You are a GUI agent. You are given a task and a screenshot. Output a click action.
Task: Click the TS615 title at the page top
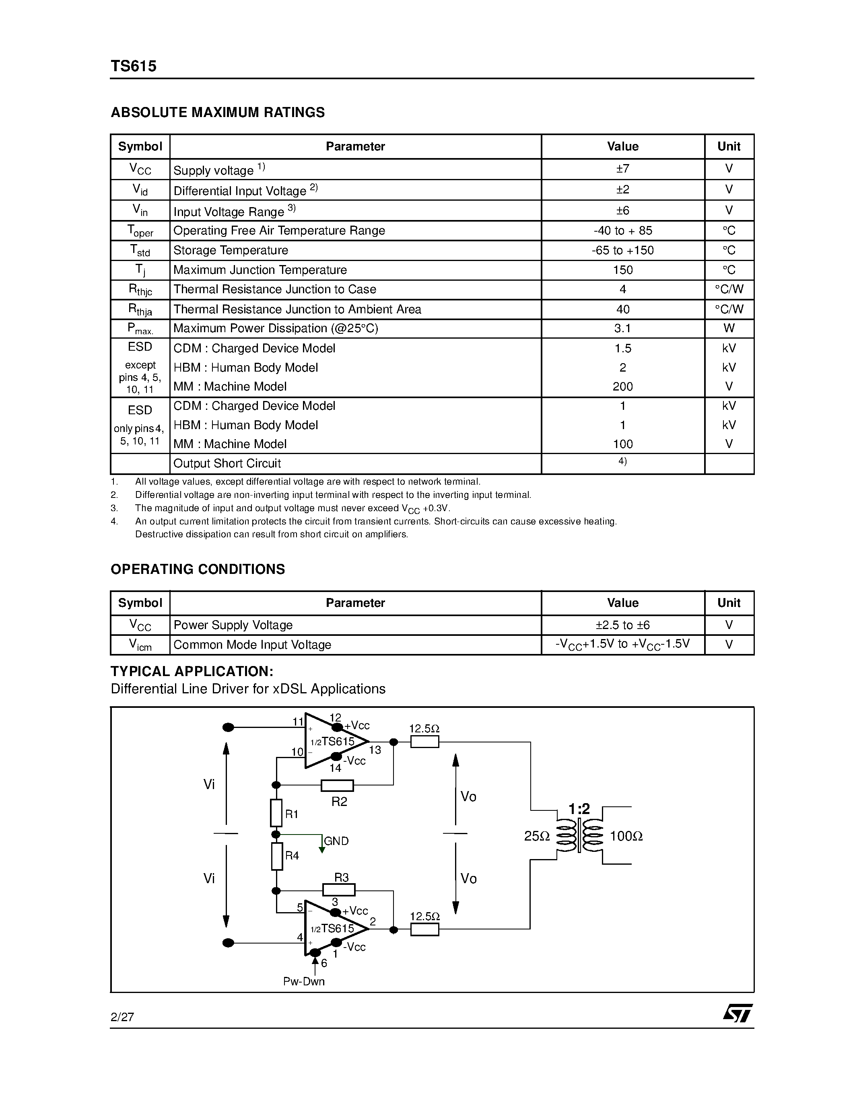(133, 66)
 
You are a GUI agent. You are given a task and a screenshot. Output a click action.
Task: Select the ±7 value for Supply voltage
(622, 169)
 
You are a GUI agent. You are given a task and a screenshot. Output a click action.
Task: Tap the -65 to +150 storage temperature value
(622, 250)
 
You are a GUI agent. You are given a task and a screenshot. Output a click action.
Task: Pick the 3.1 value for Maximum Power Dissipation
(622, 328)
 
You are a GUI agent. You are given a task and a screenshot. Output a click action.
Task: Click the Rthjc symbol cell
(140, 290)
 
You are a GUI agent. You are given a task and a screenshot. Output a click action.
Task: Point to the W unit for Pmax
(729, 328)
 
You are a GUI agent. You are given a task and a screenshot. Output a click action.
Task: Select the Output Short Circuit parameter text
(227, 463)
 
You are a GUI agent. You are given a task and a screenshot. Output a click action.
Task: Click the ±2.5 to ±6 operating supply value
(622, 625)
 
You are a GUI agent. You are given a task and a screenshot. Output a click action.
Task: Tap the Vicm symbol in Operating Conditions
(140, 645)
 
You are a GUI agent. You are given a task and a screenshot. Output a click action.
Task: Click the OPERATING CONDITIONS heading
(198, 569)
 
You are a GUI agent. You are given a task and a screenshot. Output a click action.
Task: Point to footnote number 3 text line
(292, 508)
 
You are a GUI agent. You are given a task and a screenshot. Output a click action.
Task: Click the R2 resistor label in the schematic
(339, 802)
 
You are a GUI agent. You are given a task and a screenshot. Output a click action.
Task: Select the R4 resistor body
(276, 856)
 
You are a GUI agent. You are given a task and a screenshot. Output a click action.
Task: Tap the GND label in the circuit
(336, 841)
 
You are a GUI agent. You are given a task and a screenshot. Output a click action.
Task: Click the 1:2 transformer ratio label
(579, 809)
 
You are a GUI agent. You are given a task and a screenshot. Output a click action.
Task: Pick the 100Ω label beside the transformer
(626, 837)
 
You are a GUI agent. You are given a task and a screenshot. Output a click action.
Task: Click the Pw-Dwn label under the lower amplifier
(304, 981)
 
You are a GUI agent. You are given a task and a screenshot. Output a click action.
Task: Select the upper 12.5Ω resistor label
(424, 729)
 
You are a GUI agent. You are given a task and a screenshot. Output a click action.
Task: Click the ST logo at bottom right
(738, 1013)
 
